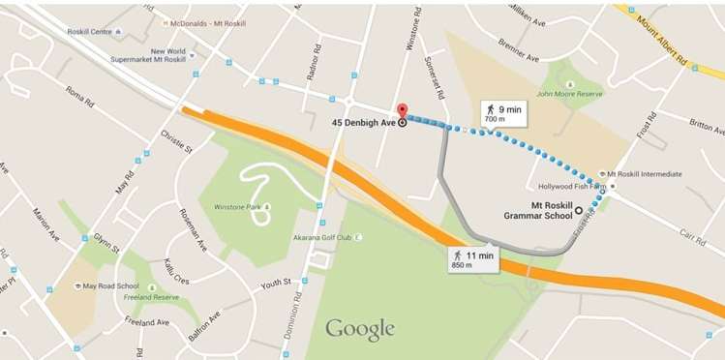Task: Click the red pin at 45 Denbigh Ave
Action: click(403, 111)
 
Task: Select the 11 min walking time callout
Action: click(472, 258)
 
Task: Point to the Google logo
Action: click(360, 329)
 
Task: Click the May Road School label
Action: click(109, 286)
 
